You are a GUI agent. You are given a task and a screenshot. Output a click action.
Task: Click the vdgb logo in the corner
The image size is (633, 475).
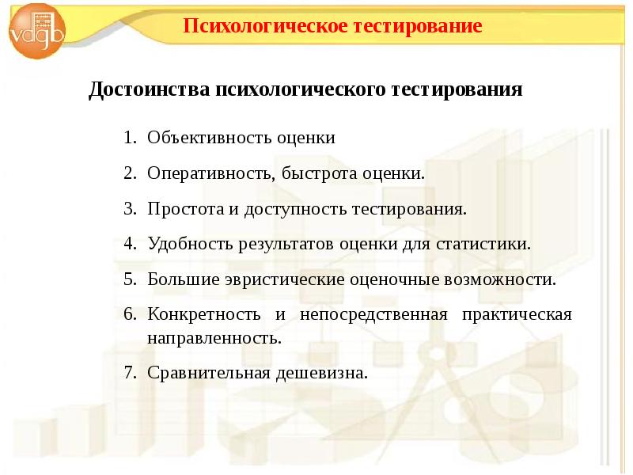click(x=36, y=32)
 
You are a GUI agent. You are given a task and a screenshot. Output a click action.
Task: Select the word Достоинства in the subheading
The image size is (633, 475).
click(x=148, y=89)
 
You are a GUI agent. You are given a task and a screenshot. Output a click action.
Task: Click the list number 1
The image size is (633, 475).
click(x=129, y=138)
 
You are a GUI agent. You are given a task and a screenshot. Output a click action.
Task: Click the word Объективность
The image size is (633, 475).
click(x=209, y=138)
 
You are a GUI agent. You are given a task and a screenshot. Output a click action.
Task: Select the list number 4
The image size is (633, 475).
click(x=129, y=243)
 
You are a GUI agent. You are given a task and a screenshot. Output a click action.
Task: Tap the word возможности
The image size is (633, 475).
click(x=502, y=279)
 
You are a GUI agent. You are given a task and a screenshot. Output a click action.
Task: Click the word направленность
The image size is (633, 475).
click(x=213, y=337)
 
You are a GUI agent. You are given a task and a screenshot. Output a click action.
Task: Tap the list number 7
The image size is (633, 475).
click(x=129, y=372)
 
